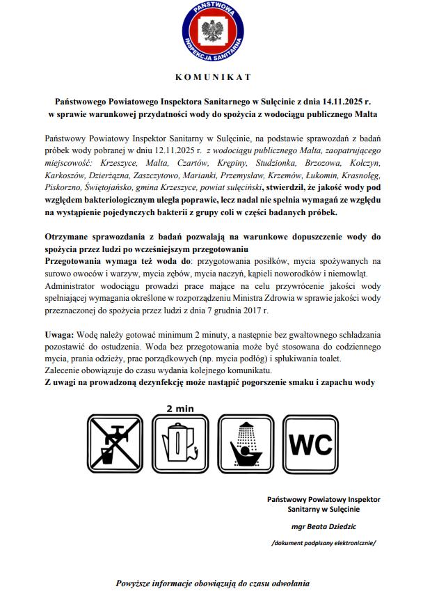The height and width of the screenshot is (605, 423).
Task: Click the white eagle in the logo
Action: (211, 31)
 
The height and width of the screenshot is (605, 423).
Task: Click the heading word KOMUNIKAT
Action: (211, 77)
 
